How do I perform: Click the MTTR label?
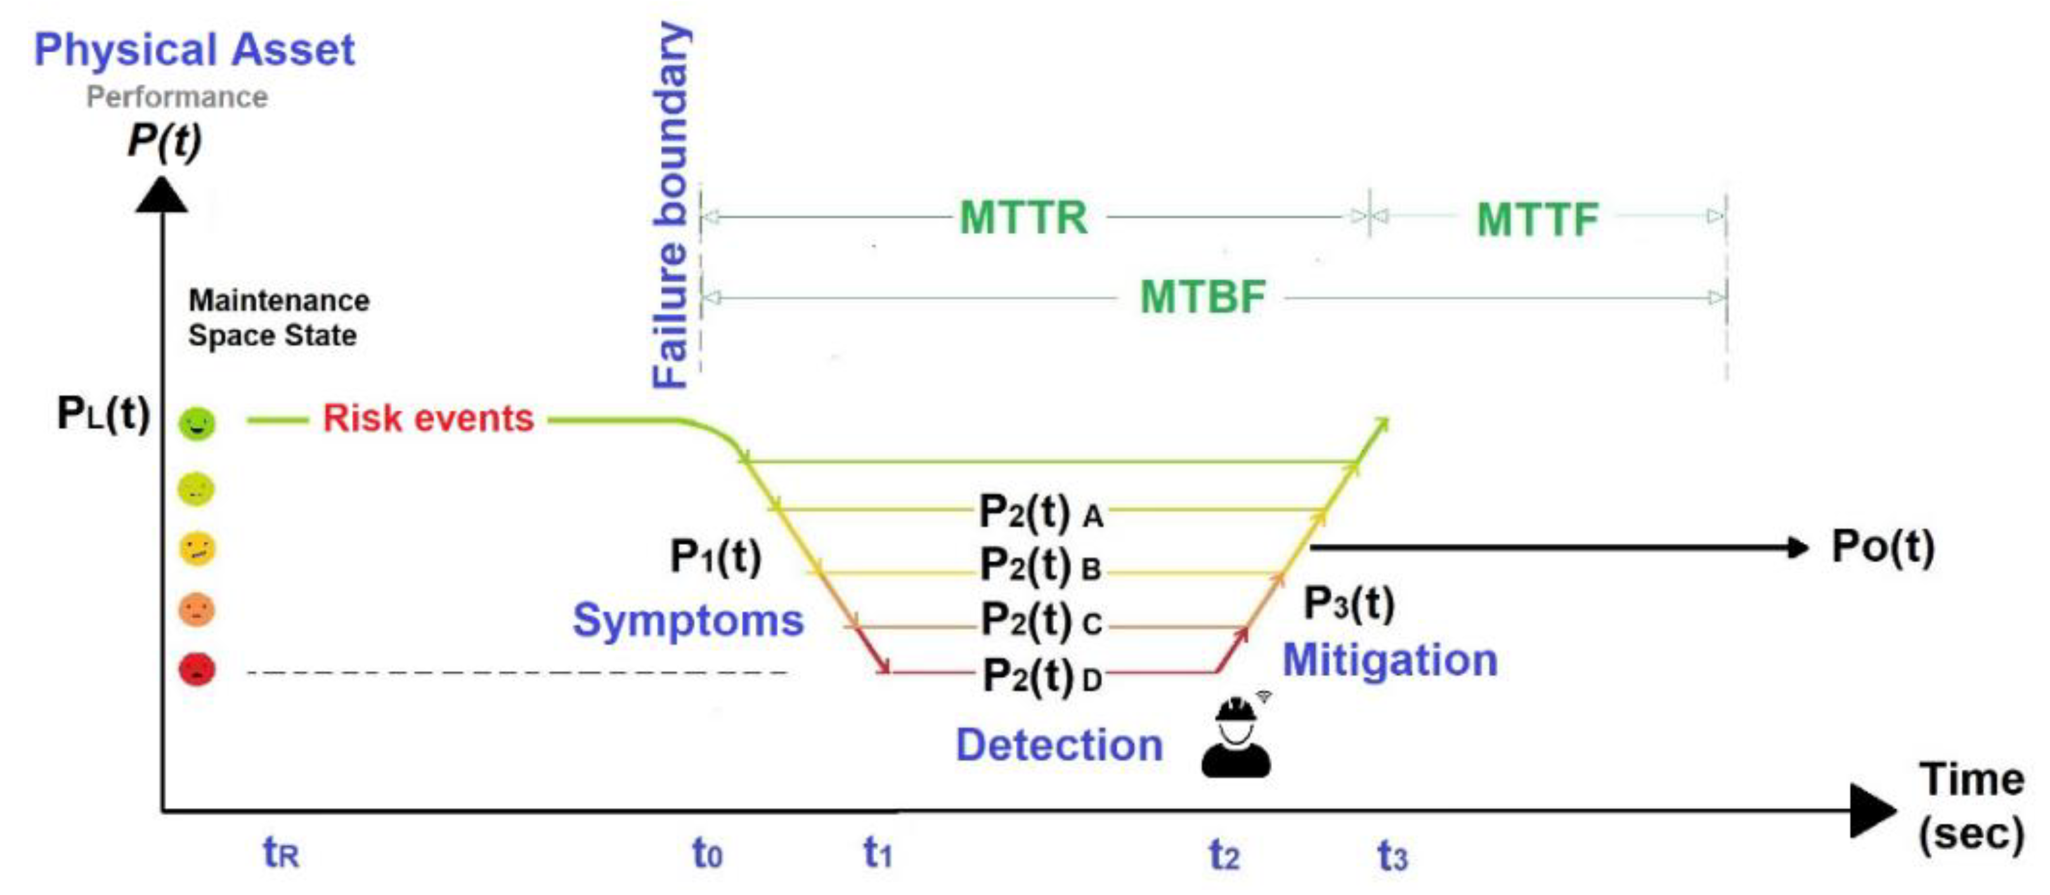[x=1023, y=218]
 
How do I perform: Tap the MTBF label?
[x=1202, y=297]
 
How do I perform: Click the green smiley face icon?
[x=197, y=423]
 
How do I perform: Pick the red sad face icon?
[x=197, y=669]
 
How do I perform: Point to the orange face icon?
[x=197, y=610]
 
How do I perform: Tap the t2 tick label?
[x=1224, y=855]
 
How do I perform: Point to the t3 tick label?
[x=1392, y=857]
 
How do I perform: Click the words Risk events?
[x=428, y=419]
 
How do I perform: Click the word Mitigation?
[x=1389, y=661]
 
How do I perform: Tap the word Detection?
[x=1059, y=745]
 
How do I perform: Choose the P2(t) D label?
[x=1042, y=676]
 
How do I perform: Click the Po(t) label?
[x=1882, y=547]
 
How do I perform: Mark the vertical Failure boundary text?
[x=670, y=206]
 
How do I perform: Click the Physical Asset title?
[x=194, y=49]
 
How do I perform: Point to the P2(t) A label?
[x=1040, y=511]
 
